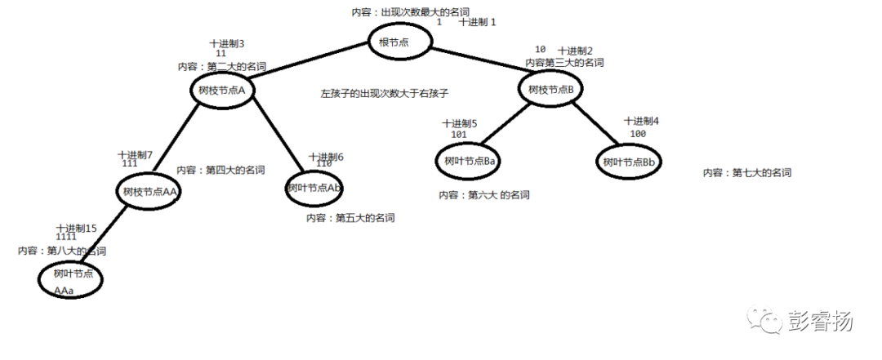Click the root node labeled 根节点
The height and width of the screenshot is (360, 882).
399,42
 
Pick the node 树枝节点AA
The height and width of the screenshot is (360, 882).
148,193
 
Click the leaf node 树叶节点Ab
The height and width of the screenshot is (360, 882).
314,188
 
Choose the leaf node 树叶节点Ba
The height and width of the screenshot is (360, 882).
470,161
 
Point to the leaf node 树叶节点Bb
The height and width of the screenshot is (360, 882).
628,162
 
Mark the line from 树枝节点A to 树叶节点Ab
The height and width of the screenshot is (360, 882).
274,135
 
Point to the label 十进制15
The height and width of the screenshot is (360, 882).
76,228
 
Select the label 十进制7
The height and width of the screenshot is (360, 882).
135,154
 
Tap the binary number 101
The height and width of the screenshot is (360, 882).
458,134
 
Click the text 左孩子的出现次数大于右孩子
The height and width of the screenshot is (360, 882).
385,94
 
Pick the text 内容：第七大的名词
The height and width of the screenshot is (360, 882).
746,172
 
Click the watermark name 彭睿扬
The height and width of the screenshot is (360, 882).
822,321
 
